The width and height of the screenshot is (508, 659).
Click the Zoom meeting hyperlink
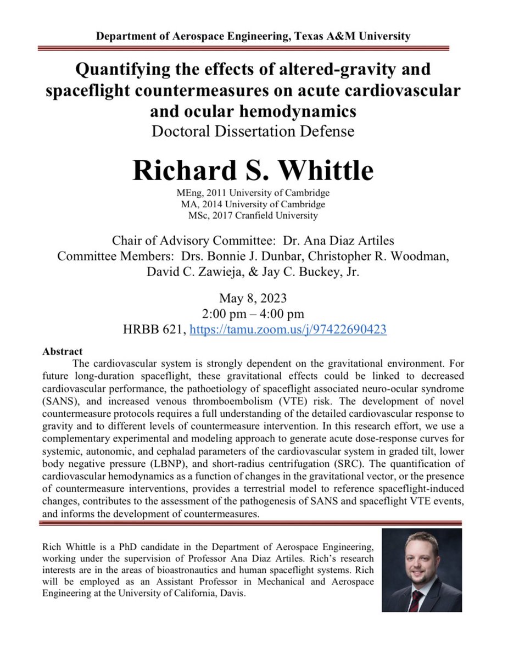tap(288, 329)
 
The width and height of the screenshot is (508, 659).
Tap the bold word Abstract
tap(63, 351)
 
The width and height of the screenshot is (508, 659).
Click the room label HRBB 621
tap(154, 329)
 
